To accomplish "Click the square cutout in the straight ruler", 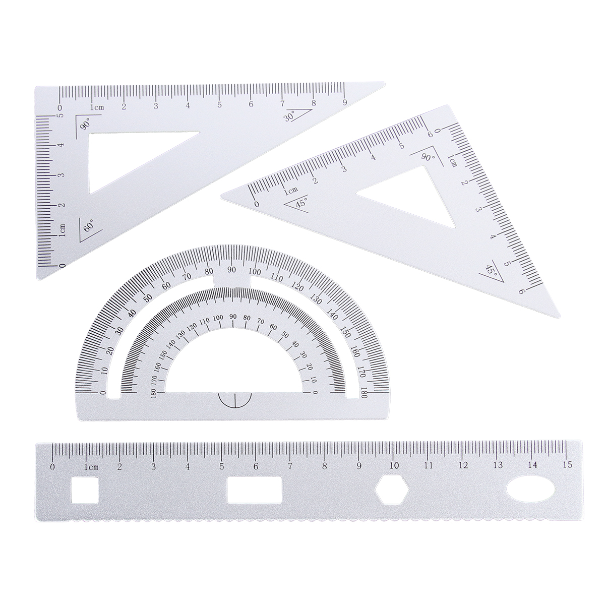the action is (x=85, y=490).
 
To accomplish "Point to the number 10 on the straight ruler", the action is (x=394, y=465).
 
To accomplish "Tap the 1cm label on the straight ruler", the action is (x=91, y=467).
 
